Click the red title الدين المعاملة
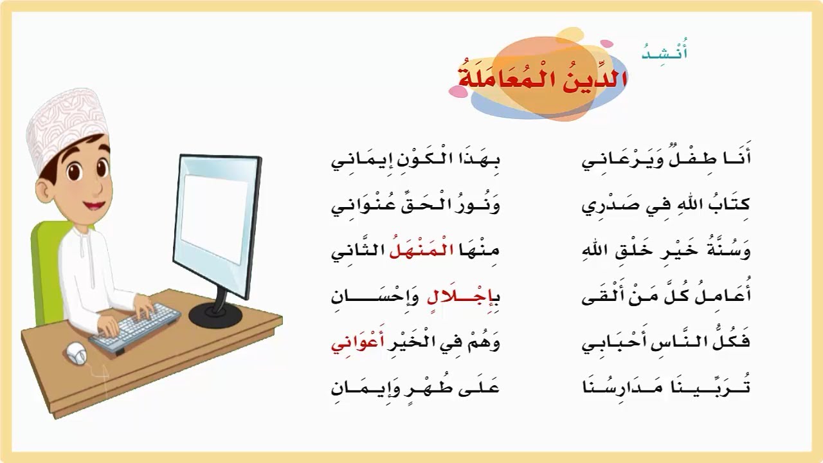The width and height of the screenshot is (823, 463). (543, 78)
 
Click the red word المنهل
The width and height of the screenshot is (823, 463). (421, 249)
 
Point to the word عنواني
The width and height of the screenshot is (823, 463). (356, 205)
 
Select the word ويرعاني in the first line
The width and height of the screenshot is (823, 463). (613, 159)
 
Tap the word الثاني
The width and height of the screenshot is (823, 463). (356, 250)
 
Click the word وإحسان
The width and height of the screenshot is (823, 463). (372, 296)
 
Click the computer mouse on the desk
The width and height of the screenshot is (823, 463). (77, 352)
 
